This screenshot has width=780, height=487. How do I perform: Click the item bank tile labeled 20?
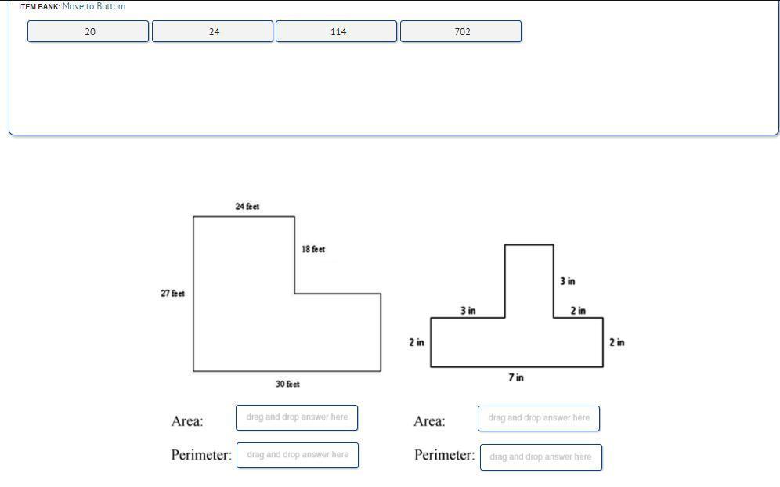(x=88, y=31)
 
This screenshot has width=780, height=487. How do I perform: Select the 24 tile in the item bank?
(x=213, y=31)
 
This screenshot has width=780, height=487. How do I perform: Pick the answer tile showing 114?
(x=337, y=31)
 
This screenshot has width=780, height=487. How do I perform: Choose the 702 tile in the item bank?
(x=461, y=31)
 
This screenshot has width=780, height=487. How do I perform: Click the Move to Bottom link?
(x=94, y=6)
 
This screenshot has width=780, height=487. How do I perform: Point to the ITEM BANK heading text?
(x=39, y=6)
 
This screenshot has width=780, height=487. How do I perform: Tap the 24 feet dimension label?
(x=247, y=207)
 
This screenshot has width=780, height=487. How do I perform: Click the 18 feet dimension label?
(x=313, y=249)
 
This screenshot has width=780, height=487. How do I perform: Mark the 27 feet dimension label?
(x=172, y=294)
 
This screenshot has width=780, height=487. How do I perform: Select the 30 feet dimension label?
(x=287, y=384)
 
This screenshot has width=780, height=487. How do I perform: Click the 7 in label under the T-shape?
(x=515, y=377)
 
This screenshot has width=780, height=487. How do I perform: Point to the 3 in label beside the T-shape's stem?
(x=567, y=281)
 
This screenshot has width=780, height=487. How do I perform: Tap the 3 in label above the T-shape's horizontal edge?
(x=468, y=311)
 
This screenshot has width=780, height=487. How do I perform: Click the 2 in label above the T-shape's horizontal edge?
(x=578, y=311)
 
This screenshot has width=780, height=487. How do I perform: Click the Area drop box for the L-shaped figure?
(x=297, y=417)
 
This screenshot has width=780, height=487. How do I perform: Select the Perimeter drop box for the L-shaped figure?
(x=298, y=455)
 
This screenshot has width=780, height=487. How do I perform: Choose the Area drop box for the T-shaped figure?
(x=539, y=418)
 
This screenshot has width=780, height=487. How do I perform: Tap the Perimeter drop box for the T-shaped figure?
(x=540, y=457)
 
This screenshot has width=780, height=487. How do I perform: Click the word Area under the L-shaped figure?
(x=187, y=421)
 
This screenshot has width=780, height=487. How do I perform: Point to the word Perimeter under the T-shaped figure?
(x=444, y=455)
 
